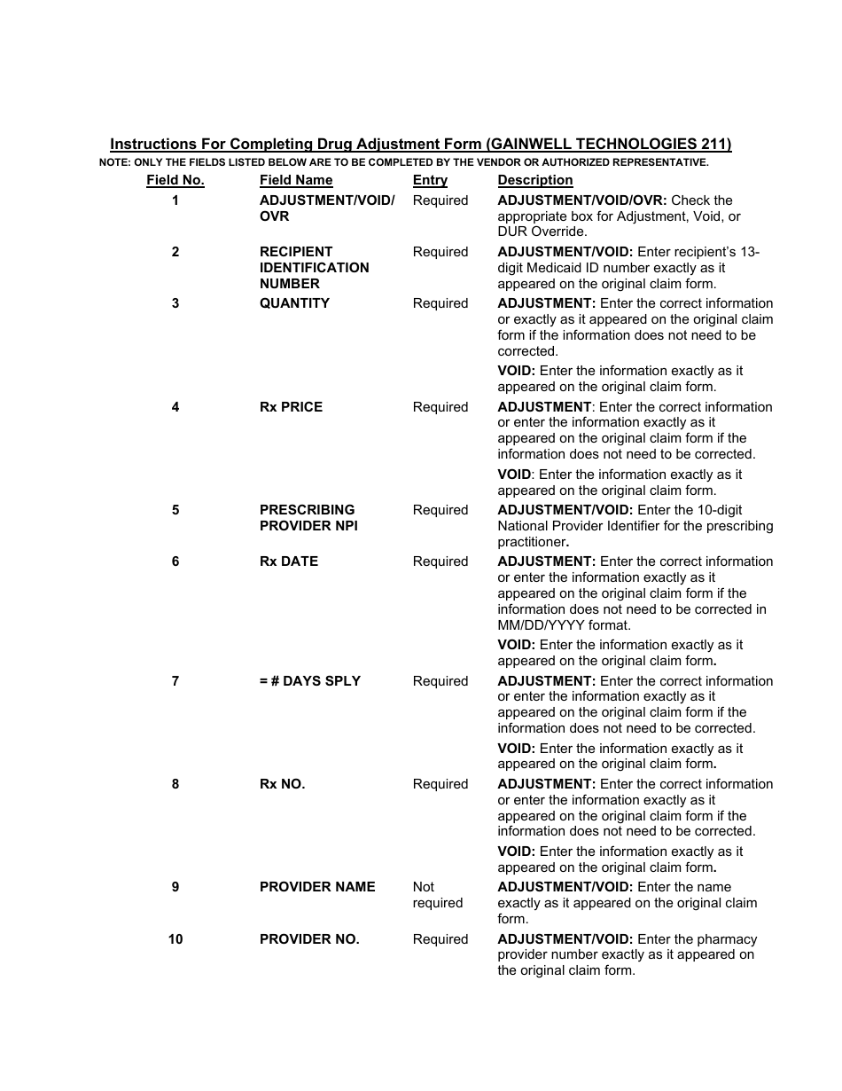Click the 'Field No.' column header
[175, 180]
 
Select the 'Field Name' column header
[296, 180]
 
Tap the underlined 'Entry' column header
[430, 180]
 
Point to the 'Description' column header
[535, 180]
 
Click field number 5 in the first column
[175, 510]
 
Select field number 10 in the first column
[175, 939]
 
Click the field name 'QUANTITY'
[294, 303]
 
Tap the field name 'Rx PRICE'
[291, 407]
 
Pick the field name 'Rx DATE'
[289, 561]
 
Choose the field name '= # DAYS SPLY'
[310, 681]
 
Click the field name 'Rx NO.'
[282, 784]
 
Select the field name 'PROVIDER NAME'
[317, 887]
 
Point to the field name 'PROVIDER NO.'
[309, 939]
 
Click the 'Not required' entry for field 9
[437, 895]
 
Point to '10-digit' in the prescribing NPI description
[716, 510]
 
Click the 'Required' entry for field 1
[440, 200]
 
